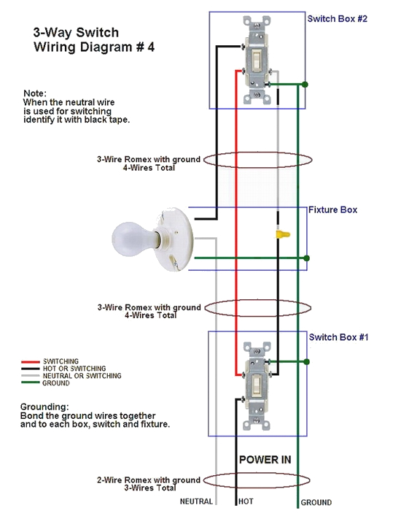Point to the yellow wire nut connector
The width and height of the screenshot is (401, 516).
[x=280, y=234]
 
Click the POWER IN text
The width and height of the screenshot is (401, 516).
[x=265, y=460]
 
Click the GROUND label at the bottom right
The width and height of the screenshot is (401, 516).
[x=316, y=502]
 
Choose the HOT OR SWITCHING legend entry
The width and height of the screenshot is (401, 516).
[x=74, y=369]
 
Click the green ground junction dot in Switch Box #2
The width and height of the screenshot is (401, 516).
[x=305, y=85]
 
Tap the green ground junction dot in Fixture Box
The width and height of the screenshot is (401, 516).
[x=307, y=258]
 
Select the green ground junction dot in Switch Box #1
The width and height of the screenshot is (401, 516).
[x=306, y=361]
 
